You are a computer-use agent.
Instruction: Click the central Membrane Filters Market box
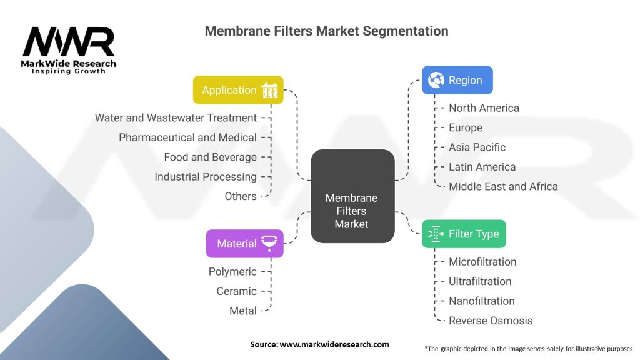[352, 196]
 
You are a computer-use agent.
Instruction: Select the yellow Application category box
[238, 90]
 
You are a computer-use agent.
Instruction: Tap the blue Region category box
[457, 80]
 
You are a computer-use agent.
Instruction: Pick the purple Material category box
[244, 244]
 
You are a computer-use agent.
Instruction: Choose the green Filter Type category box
[464, 234]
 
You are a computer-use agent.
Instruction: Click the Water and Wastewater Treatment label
[176, 117]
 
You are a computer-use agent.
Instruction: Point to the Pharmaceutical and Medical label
[187, 137]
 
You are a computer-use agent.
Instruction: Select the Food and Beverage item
[210, 157]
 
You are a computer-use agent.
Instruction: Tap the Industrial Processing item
[206, 177]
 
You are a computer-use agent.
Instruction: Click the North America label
[484, 108]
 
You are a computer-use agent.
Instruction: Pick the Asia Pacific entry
[477, 147]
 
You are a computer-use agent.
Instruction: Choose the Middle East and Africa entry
[503, 186]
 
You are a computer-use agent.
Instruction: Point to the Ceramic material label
[236, 291]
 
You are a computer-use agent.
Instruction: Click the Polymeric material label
[232, 272]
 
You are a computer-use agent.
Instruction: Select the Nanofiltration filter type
[481, 301]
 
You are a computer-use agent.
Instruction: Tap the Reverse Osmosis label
[491, 321]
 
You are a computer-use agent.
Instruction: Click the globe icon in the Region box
[436, 80]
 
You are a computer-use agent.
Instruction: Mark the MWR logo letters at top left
[69, 42]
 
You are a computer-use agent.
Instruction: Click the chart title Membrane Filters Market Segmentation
[326, 31]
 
